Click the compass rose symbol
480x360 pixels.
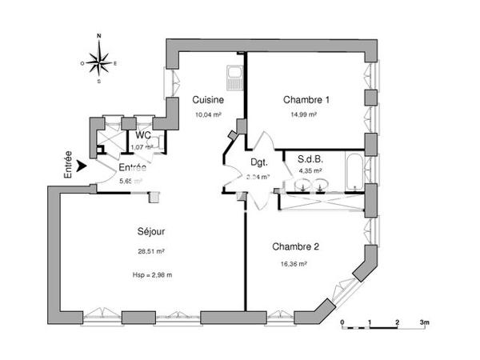[99, 59]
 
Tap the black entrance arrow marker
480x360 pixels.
[82, 167]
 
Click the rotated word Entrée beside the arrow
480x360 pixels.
[69, 163]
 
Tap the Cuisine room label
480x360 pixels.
[207, 100]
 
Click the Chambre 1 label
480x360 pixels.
[306, 100]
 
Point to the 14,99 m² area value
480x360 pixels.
[304, 114]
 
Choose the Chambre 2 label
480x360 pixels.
[295, 246]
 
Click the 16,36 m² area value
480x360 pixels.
[294, 263]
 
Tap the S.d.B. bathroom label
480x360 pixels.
[310, 158]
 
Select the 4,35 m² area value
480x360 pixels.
[310, 170]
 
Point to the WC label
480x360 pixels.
[142, 137]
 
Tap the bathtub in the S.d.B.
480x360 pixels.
[353, 170]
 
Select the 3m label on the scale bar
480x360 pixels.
[425, 322]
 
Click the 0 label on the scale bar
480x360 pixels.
[342, 322]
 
